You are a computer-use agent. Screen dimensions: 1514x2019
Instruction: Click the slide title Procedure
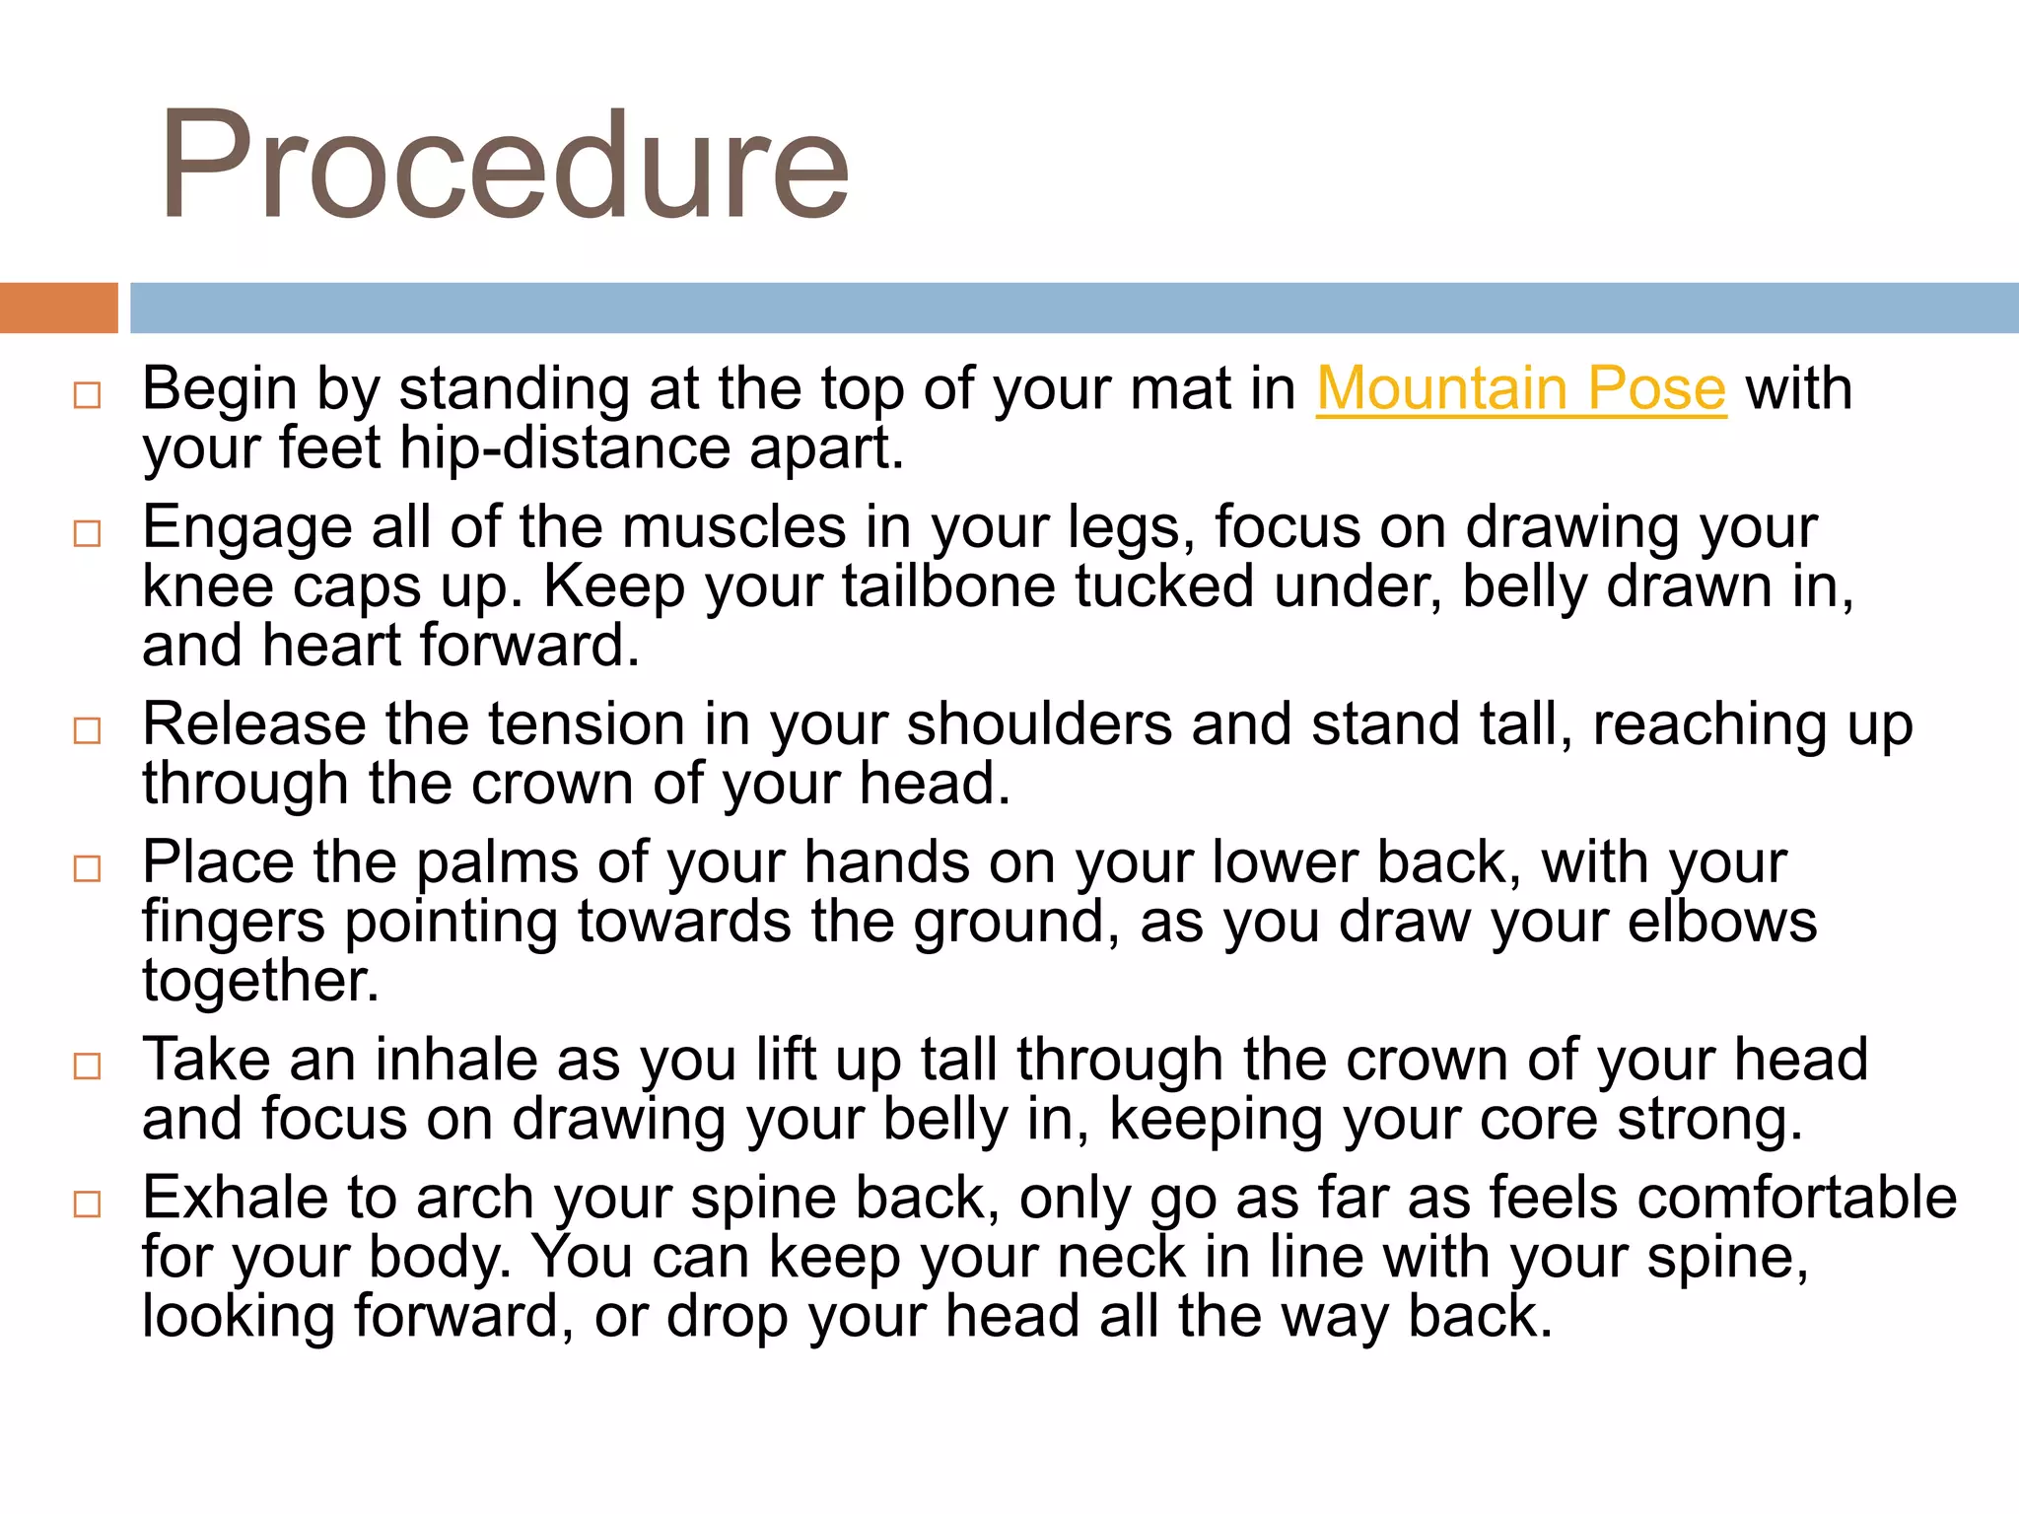coord(504,166)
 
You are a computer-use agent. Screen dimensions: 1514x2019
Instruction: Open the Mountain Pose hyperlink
coord(1521,388)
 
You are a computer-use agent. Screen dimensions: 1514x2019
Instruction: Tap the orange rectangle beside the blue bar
coord(58,308)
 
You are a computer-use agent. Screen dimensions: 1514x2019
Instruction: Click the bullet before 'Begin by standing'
coord(88,395)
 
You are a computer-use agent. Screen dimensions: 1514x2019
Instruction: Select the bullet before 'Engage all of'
coord(88,533)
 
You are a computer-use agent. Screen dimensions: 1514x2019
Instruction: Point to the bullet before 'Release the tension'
coord(88,730)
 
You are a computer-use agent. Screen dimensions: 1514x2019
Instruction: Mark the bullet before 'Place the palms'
coord(88,868)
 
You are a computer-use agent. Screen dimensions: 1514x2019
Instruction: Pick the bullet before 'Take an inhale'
coord(88,1066)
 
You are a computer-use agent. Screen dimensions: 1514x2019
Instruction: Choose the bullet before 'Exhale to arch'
coord(88,1204)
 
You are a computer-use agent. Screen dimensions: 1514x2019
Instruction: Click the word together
coord(260,982)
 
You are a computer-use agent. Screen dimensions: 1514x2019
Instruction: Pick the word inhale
coord(455,1060)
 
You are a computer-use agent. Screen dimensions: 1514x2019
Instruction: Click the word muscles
coord(733,527)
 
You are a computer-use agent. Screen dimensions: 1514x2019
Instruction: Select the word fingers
coord(233,924)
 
